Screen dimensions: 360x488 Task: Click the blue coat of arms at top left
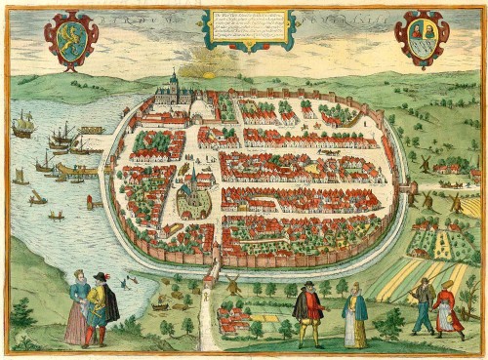[x=71, y=38]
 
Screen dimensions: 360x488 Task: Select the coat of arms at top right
[x=420, y=38]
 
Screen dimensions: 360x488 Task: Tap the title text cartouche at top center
[x=248, y=27]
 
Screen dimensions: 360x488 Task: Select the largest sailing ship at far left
[x=23, y=124]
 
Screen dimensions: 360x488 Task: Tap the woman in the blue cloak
[x=355, y=314]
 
